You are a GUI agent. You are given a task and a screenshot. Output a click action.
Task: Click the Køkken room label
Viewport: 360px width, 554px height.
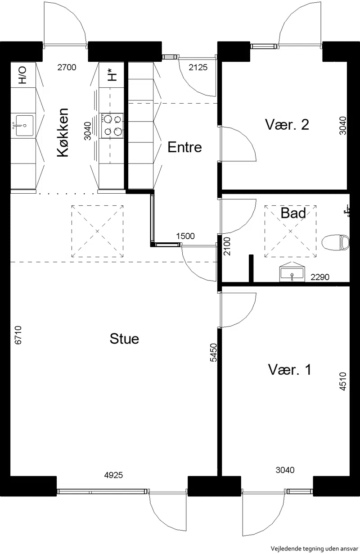click(x=63, y=132)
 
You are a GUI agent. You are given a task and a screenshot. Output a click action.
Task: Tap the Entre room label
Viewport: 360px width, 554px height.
click(x=184, y=147)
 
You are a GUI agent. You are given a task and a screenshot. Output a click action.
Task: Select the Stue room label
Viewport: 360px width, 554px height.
click(x=124, y=339)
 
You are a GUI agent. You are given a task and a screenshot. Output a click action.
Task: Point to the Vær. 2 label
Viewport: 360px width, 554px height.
click(x=287, y=124)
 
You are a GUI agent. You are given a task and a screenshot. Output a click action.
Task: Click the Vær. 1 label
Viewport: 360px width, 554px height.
click(x=290, y=369)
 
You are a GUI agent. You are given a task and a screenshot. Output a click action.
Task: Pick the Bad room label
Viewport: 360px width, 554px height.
click(x=293, y=213)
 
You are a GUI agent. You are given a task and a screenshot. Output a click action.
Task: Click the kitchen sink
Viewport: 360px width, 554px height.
click(x=24, y=125)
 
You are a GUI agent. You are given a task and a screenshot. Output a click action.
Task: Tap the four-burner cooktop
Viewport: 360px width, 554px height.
click(x=112, y=126)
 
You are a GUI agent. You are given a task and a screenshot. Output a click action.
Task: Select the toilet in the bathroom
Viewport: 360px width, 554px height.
click(x=336, y=242)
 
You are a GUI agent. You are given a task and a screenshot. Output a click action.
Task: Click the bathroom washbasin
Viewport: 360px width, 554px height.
click(x=292, y=272)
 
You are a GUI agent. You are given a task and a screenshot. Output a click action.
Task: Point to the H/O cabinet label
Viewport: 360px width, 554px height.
click(x=22, y=75)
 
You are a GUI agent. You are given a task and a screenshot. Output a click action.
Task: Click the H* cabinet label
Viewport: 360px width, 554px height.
click(x=112, y=75)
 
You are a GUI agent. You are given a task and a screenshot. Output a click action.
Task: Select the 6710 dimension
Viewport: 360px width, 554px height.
click(x=18, y=335)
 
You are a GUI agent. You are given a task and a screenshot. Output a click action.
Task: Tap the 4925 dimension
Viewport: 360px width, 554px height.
click(x=113, y=475)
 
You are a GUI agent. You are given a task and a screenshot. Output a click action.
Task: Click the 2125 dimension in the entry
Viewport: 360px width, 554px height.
click(x=198, y=67)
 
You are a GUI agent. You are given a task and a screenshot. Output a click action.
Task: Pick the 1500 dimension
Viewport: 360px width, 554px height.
click(x=185, y=236)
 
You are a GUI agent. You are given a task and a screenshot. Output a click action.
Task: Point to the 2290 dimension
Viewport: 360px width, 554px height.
click(x=320, y=277)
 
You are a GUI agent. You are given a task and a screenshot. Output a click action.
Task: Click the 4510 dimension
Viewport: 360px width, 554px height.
click(x=343, y=381)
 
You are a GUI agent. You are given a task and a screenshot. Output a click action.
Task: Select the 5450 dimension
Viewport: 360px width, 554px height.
click(x=213, y=352)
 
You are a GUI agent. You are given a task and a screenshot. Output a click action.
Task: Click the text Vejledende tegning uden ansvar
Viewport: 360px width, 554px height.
click(x=314, y=549)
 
